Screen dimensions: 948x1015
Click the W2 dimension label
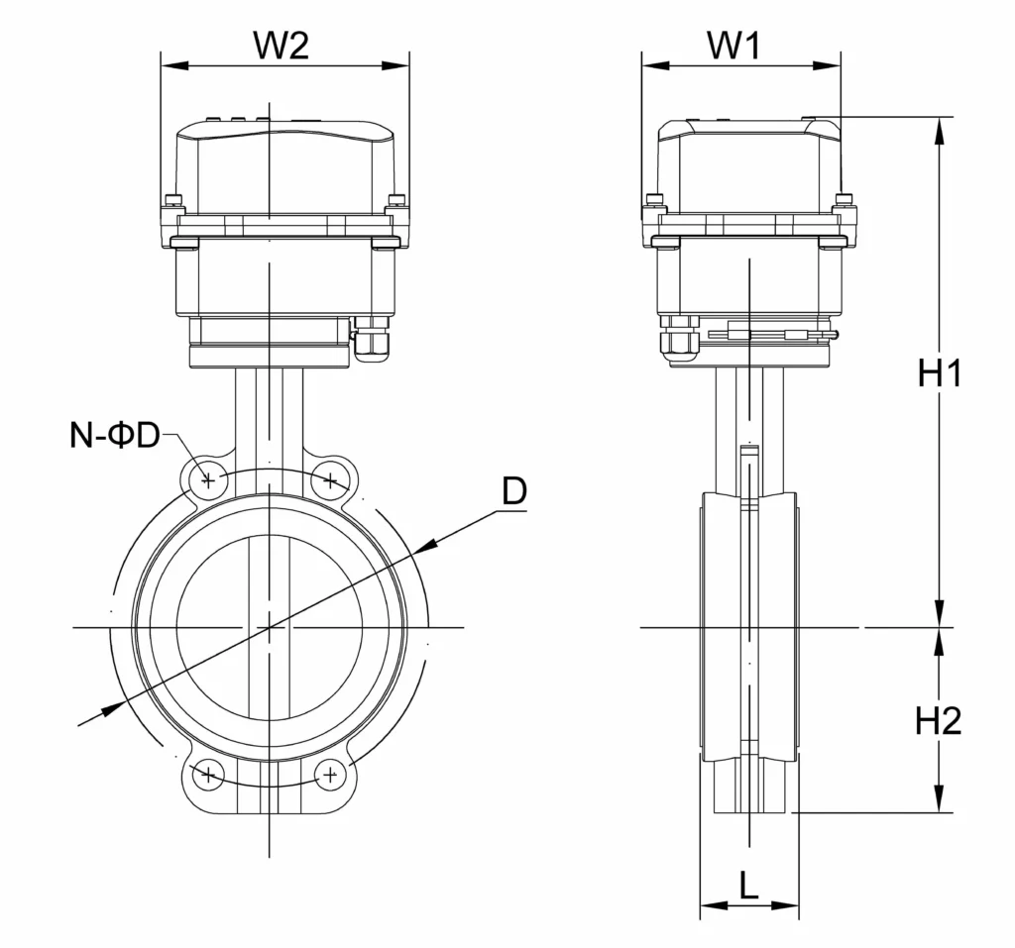[282, 45]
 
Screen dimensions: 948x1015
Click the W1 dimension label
[738, 45]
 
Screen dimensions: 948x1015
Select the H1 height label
[940, 373]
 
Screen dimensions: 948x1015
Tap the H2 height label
[939, 721]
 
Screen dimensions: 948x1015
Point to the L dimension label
[749, 885]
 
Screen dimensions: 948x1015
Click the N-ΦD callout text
[115, 435]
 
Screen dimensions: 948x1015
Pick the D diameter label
[513, 491]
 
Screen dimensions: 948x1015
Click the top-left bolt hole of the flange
[208, 481]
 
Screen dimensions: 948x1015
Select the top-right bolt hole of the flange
[330, 481]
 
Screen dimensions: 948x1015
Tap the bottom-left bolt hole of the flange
[208, 775]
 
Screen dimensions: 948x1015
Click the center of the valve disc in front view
[269, 627]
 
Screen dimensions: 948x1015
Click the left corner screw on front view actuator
[175, 201]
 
